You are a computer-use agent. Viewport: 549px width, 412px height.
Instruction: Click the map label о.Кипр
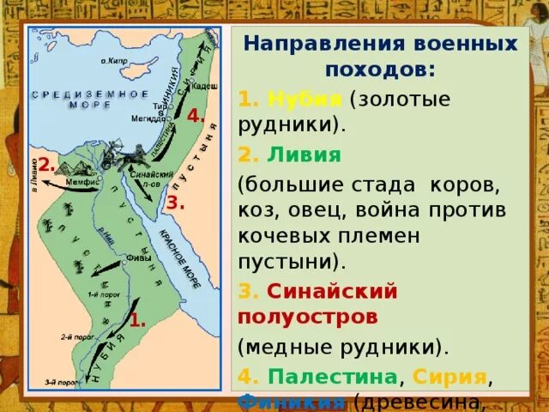coord(116,61)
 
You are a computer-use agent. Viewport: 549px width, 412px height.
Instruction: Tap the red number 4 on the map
coord(196,116)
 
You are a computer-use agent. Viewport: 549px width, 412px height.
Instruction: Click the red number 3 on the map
coord(175,203)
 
